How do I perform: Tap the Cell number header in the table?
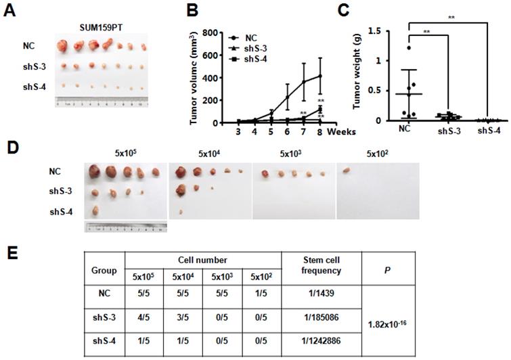click(x=203, y=258)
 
